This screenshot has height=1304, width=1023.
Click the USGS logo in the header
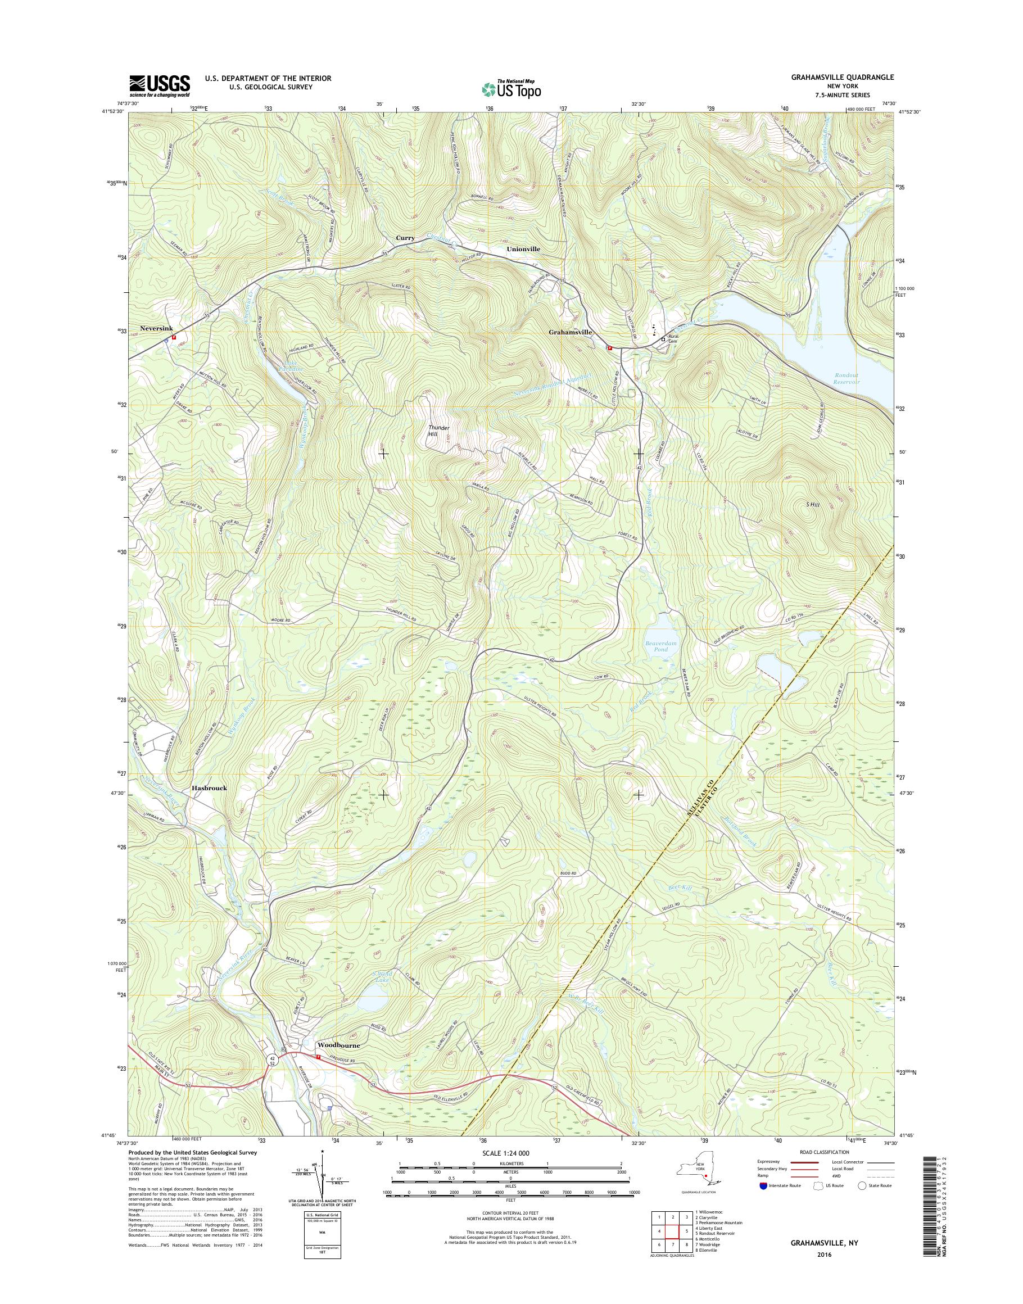(x=159, y=85)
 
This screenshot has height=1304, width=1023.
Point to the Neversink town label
(x=156, y=328)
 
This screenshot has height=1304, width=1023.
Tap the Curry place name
(x=405, y=238)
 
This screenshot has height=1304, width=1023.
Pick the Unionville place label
(x=523, y=248)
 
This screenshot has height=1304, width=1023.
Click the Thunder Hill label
(x=438, y=431)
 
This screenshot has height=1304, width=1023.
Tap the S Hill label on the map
(x=812, y=505)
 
